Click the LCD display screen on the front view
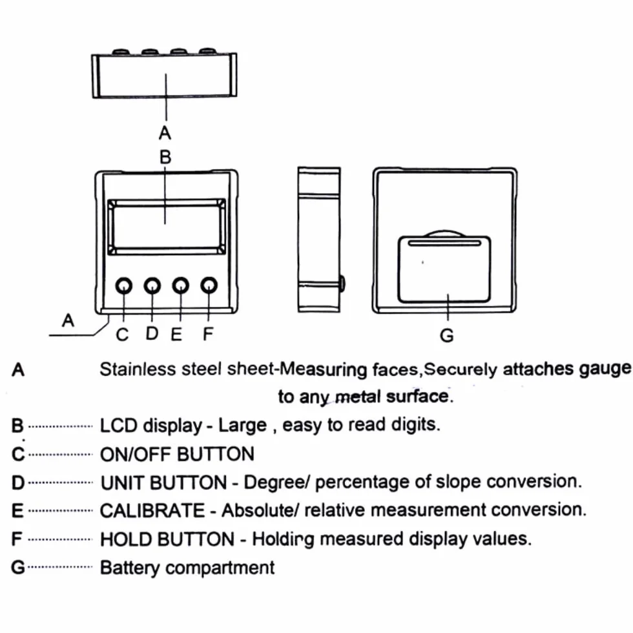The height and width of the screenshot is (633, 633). tap(167, 227)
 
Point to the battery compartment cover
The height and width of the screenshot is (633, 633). tap(444, 269)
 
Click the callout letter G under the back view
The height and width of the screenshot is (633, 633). tap(447, 335)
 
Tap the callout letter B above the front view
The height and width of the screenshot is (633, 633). tap(165, 156)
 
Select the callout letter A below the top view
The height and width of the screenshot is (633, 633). tap(165, 133)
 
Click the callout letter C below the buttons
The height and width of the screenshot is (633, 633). tap(122, 335)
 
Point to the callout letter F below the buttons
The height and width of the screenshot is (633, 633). tap(208, 334)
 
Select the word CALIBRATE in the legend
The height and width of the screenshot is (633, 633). tap(152, 511)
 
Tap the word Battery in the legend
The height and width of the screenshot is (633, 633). tap(130, 568)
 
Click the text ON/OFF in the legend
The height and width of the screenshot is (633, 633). tap(136, 455)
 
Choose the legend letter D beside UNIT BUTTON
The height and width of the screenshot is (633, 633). tap(18, 483)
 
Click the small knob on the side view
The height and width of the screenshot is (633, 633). tap(342, 284)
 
